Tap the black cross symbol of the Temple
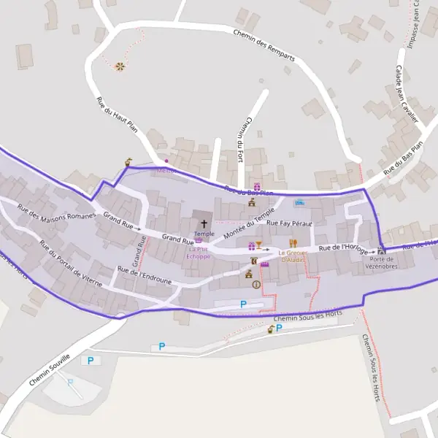(x=204, y=223)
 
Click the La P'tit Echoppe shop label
(x=198, y=253)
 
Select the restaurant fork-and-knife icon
(x=293, y=243)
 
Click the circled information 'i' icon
(x=256, y=285)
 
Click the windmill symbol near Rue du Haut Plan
(x=120, y=67)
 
